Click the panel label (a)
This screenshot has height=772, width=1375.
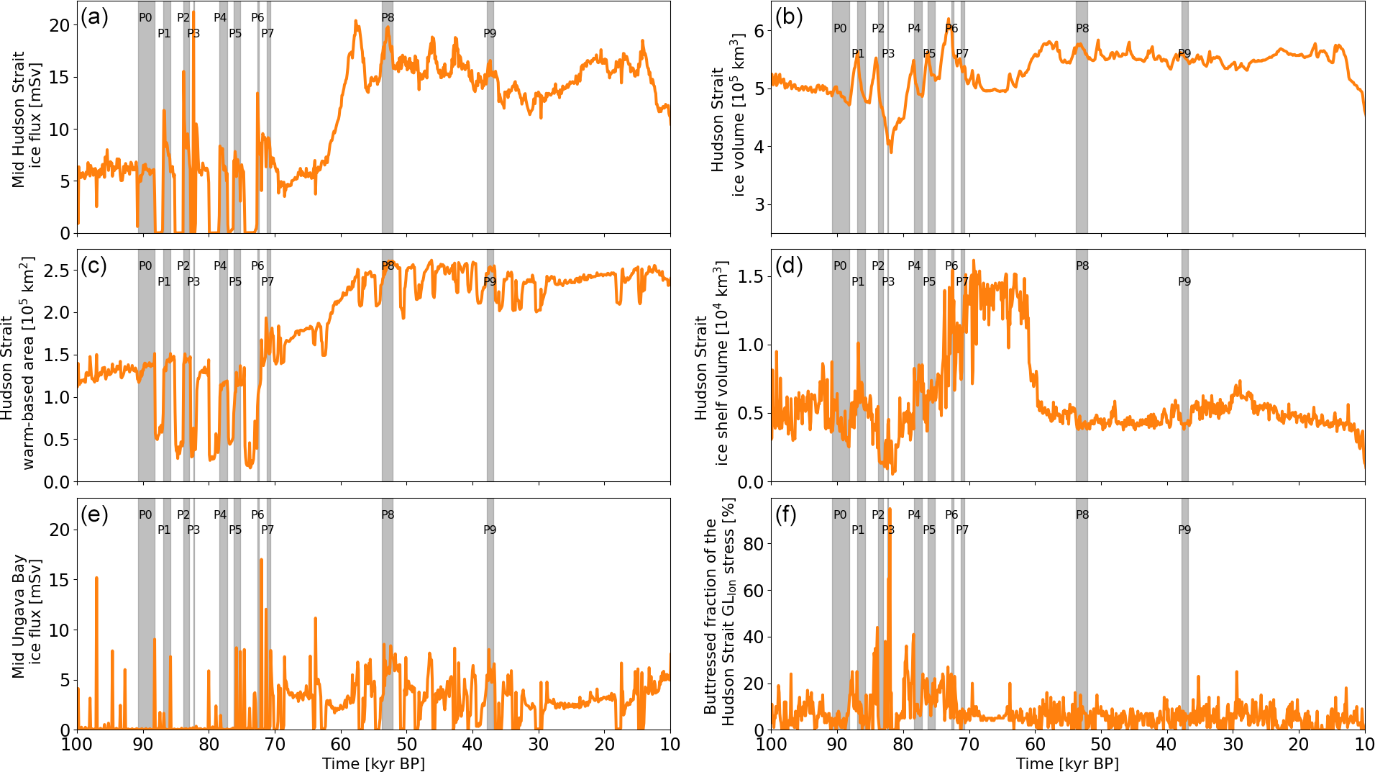tap(94, 17)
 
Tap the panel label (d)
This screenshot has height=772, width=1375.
tap(789, 265)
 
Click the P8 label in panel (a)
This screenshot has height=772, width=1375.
tap(388, 17)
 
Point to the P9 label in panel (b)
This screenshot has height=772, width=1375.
tap(1184, 53)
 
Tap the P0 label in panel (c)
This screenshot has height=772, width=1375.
tap(145, 265)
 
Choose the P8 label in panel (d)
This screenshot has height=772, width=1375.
tap(1082, 265)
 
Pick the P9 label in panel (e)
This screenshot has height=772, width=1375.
tap(490, 530)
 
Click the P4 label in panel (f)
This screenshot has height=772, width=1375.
tap(914, 514)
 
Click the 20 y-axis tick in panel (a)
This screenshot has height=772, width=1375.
tap(60, 25)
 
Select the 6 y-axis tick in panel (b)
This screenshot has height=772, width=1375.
tap(759, 31)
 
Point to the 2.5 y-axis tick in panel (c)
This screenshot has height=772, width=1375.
tap(56, 271)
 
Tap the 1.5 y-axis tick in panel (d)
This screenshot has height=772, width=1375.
tap(750, 276)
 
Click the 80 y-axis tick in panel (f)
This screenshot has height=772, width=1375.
tap(753, 544)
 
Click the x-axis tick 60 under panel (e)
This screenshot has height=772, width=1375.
tap(341, 745)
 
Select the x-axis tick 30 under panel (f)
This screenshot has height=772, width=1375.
tap(1233, 745)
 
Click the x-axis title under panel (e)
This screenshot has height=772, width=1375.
tap(373, 763)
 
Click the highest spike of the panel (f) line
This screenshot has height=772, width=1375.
tap(890, 509)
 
